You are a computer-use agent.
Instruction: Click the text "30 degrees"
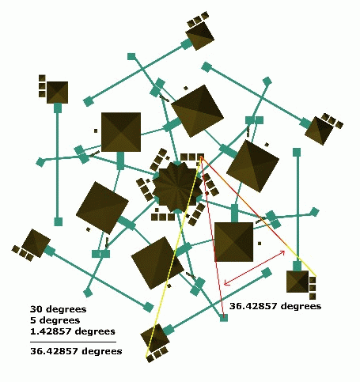tap(59, 309)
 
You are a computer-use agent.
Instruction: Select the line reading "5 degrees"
tap(55, 320)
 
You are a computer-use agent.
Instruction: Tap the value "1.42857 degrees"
tap(73, 331)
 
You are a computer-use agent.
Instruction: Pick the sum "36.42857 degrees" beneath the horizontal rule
tap(76, 351)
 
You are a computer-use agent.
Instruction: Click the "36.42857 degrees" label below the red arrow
tap(275, 306)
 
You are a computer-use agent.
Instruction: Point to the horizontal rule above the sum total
tap(73, 342)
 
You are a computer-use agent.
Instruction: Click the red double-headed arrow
tap(255, 267)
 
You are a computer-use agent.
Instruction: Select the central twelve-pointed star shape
tap(177, 187)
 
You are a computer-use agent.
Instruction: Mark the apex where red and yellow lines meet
tap(201, 157)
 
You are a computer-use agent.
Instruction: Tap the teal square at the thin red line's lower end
tap(224, 318)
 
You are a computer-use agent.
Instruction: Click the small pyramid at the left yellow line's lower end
tap(155, 338)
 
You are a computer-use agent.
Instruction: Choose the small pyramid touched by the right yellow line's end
tap(297, 282)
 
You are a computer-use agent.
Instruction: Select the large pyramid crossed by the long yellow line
tap(157, 263)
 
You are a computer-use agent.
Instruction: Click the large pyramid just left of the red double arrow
tap(234, 242)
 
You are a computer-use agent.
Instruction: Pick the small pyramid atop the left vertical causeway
tap(57, 93)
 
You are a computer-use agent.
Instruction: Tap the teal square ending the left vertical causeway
tap(59, 221)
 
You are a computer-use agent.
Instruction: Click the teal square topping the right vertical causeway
tap(297, 152)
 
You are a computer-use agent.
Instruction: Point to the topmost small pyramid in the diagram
tap(200, 36)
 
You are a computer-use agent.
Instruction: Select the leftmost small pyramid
tap(36, 243)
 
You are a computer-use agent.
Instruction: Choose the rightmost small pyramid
tap(319, 130)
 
